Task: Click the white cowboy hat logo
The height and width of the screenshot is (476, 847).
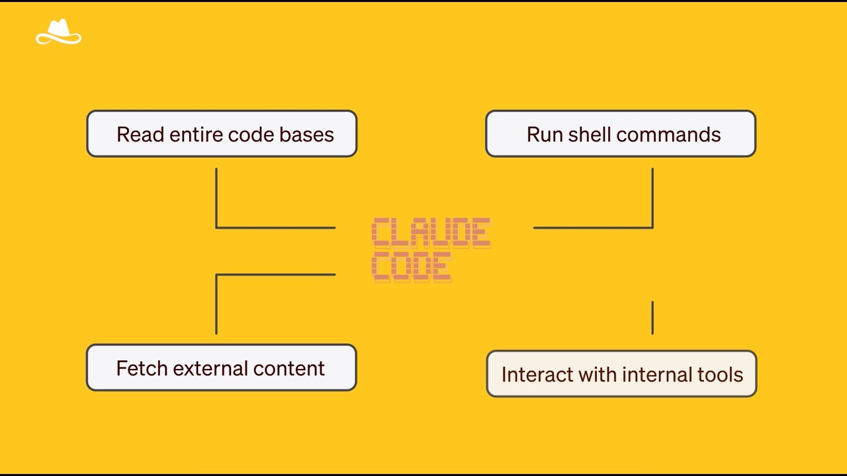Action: (59, 32)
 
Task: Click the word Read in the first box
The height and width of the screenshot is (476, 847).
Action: (140, 134)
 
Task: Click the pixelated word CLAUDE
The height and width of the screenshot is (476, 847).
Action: (431, 233)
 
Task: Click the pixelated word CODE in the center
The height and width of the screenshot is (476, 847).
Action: (412, 266)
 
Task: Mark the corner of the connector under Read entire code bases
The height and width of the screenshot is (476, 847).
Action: (216, 227)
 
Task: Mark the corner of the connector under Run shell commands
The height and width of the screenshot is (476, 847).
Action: (652, 227)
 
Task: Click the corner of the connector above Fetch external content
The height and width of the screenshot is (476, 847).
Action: (216, 274)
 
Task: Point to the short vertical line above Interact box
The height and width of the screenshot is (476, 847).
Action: (652, 317)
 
